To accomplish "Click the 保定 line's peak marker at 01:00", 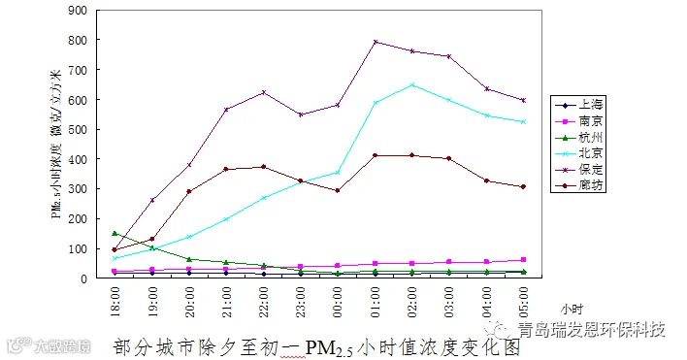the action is (376, 42).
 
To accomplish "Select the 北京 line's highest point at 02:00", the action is (411, 85).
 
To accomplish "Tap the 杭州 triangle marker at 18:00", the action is (114, 234).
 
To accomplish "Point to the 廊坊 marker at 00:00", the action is (338, 190).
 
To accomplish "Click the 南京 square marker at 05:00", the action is (523, 260).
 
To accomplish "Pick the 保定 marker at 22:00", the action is (264, 92).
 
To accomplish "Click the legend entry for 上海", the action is (578, 105).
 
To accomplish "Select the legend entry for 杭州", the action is (578, 138).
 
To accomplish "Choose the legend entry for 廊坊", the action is (578, 185).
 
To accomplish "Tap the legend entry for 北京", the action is (578, 153).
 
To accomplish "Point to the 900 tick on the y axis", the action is (78, 10).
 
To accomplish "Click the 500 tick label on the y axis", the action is (78, 130).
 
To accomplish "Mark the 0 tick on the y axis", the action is (84, 278).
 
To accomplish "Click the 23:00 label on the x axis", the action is (301, 302).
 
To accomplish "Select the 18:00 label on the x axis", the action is (114, 302).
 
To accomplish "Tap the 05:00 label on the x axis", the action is (523, 302).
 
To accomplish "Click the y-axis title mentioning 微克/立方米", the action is (56, 144).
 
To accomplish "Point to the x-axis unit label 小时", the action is (572, 310).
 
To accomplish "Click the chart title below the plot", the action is (316, 347).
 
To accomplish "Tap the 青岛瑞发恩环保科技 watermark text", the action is (592, 329).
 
